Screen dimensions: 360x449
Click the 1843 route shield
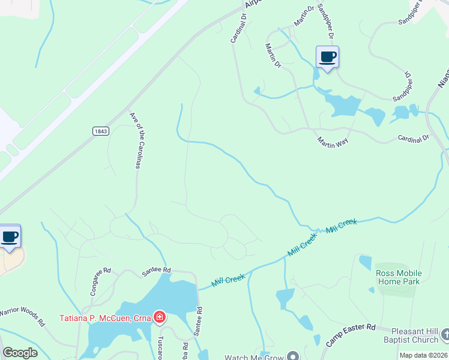pos(101,131)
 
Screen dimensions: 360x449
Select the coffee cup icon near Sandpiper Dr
pos(327,58)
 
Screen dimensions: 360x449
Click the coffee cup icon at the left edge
pos(10,236)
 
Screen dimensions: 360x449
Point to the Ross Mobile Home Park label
pos(399,277)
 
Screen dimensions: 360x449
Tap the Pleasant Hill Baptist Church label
pos(415,335)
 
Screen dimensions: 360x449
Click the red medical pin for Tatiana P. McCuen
pos(159,317)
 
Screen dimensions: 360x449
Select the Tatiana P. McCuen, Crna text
pos(104,317)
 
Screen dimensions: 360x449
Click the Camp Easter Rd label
pos(351,335)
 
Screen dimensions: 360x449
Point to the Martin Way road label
pos(333,141)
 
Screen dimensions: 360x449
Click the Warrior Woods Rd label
pos(23,316)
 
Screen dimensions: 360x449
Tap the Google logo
pos(20,353)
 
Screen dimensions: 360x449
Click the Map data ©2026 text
pos(423,355)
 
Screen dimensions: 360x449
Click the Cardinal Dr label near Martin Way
pos(414,138)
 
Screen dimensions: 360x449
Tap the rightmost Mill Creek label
pos(341,226)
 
